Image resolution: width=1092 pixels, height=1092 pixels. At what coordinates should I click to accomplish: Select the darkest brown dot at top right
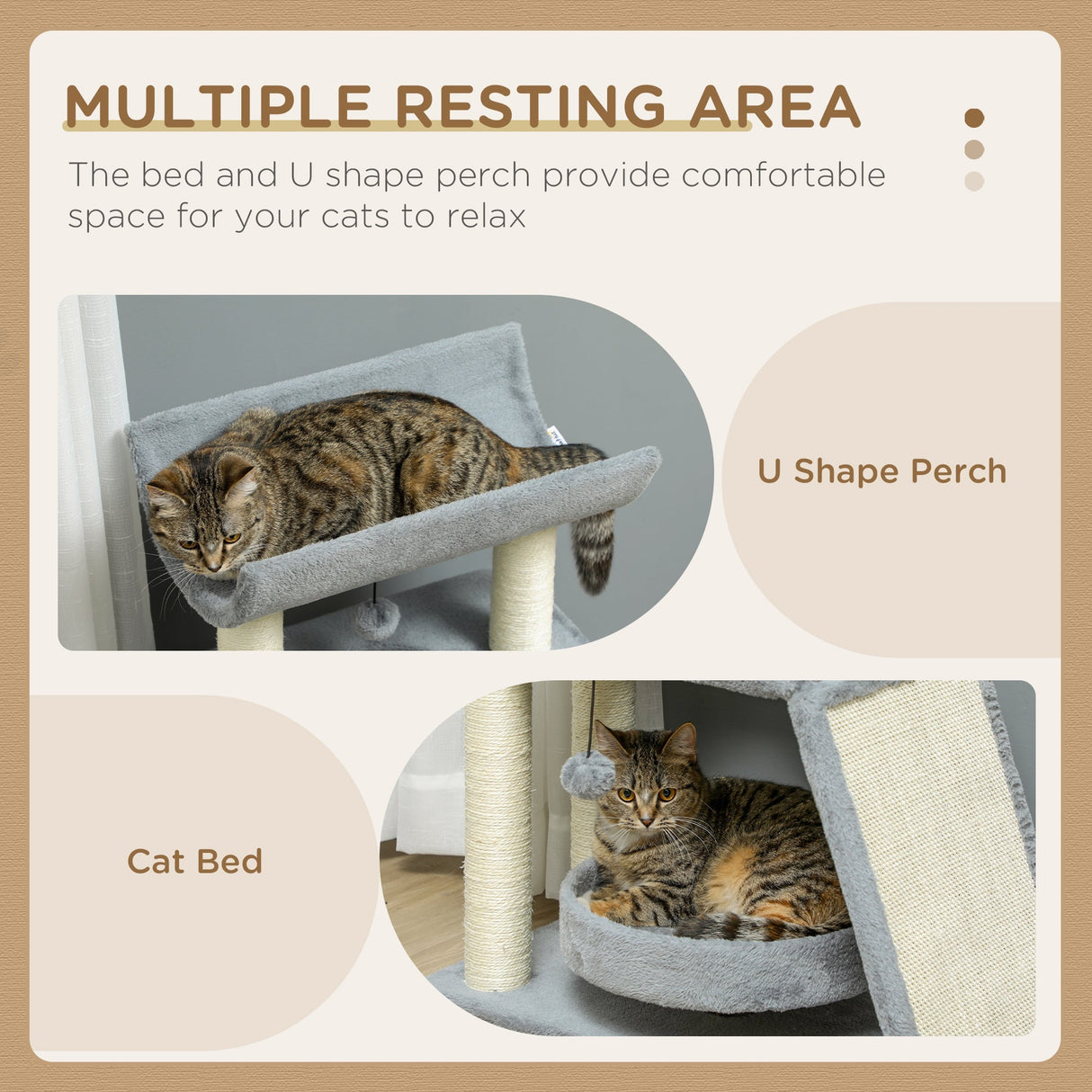point(974,118)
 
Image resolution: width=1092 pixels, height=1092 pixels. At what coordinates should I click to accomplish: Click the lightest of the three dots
point(974,181)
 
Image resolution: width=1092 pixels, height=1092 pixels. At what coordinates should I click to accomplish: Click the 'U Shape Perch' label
point(882,471)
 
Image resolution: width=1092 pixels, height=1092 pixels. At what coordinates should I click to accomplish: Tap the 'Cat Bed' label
point(194,861)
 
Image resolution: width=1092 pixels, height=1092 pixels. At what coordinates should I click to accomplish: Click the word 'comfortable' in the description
point(783,175)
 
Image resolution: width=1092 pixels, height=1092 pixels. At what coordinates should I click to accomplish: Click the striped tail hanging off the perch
point(593,549)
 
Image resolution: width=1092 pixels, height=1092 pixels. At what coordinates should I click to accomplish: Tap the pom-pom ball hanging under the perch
point(377,619)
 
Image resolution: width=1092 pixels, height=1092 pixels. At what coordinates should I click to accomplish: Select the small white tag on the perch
point(556,435)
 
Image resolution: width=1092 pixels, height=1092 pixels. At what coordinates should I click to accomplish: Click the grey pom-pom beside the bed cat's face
point(587,775)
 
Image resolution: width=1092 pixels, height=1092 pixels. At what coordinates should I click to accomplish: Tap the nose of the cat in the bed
point(643,821)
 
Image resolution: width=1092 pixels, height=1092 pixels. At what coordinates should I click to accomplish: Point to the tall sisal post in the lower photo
point(497,837)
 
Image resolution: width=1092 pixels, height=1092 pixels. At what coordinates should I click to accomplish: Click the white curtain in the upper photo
point(94,477)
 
